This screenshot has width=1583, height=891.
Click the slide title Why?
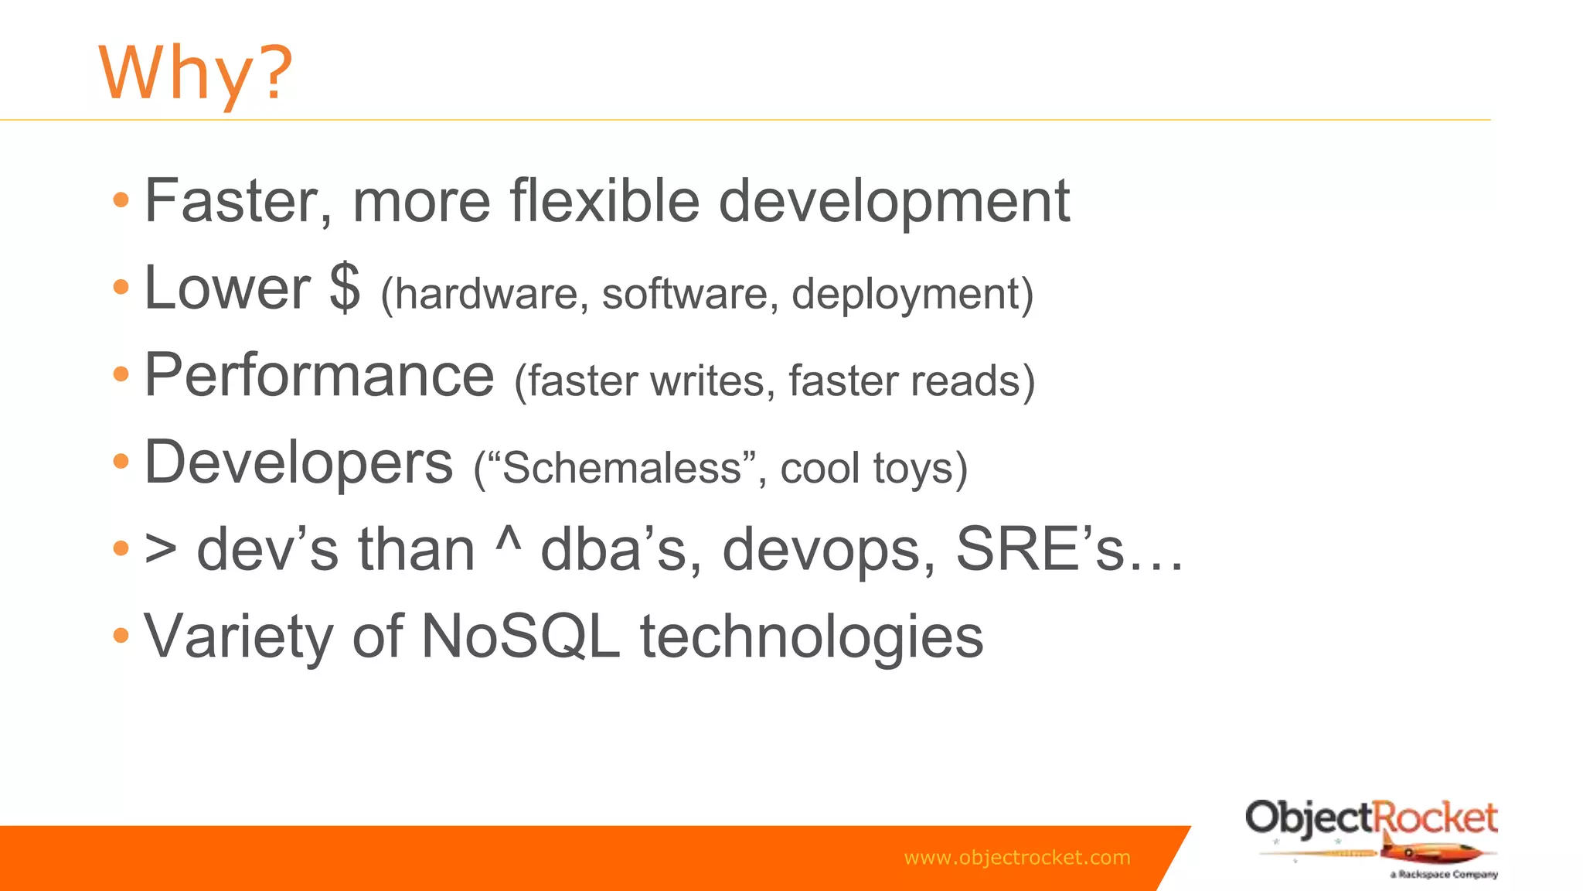pyautogui.click(x=196, y=73)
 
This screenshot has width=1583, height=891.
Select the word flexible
pyautogui.click(x=604, y=201)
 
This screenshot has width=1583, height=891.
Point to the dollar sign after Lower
pyautogui.click(x=345, y=288)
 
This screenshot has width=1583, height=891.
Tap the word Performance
pyautogui.click(x=319, y=375)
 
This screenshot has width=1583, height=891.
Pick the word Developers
pyautogui.click(x=298, y=463)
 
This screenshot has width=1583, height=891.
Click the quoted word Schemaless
pyautogui.click(x=622, y=469)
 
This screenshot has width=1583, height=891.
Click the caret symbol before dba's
pyautogui.click(x=508, y=541)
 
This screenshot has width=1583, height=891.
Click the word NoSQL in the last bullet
pyautogui.click(x=520, y=637)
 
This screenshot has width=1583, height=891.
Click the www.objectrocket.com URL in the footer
pyautogui.click(x=1016, y=858)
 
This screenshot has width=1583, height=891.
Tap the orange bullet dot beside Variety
pyautogui.click(x=121, y=636)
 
